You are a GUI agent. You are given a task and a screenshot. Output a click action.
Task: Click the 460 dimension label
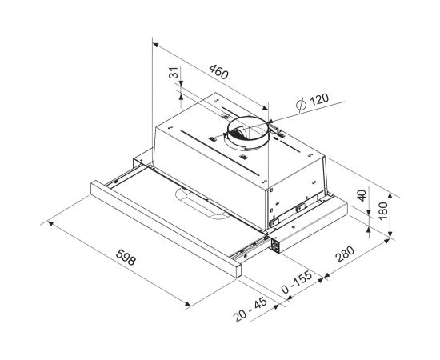[219, 72]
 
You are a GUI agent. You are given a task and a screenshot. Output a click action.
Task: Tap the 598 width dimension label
[126, 257]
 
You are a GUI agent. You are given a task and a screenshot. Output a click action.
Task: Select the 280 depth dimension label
[346, 254]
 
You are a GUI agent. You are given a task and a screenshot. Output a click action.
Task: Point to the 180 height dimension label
[382, 210]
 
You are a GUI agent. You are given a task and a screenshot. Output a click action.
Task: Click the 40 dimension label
[362, 195]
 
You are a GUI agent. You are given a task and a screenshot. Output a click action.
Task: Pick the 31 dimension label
[174, 73]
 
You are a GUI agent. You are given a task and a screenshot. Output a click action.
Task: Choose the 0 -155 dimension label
[297, 282]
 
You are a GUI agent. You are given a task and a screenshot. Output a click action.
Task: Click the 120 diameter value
[319, 98]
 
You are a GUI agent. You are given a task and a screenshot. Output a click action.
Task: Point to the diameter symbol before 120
[301, 105]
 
